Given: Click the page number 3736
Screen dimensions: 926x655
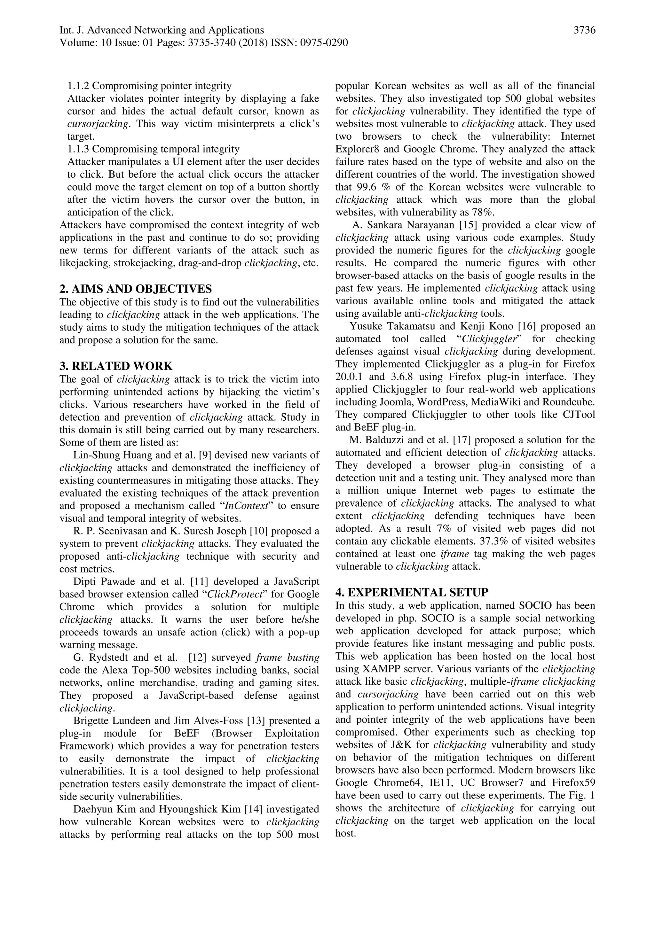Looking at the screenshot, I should click(584, 30).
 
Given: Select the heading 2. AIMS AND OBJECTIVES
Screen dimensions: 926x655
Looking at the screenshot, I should click(136, 289).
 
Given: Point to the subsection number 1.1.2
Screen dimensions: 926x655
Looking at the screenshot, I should click(78, 86).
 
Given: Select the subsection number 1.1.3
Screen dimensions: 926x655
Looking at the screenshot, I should click(78, 149).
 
